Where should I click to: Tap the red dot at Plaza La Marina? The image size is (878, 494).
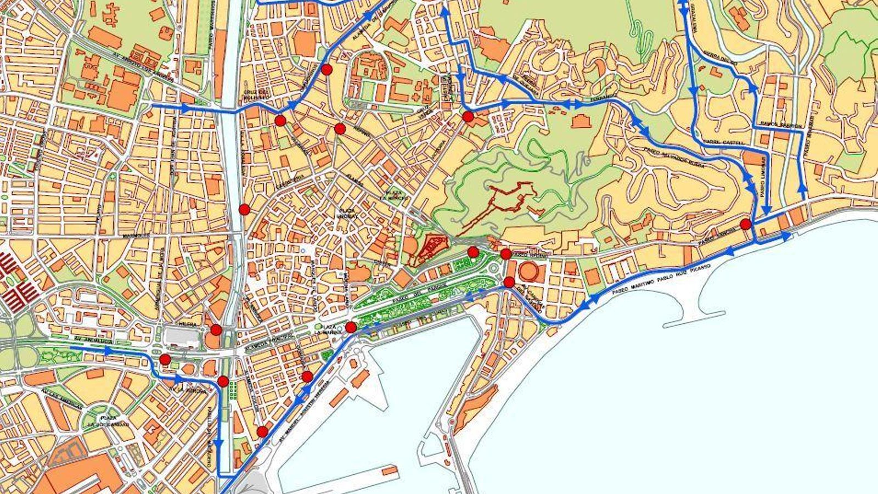[x=351, y=328]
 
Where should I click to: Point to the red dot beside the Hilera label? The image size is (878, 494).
[x=216, y=330]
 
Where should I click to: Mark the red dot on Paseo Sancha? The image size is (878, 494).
[x=745, y=224]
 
